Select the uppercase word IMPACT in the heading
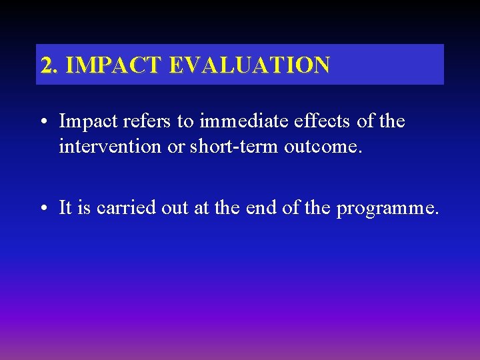(x=115, y=65)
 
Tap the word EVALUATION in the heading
(x=249, y=65)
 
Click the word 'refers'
(x=137, y=121)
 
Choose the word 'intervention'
(x=111, y=146)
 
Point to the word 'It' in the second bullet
(x=65, y=208)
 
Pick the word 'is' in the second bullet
(x=84, y=208)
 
